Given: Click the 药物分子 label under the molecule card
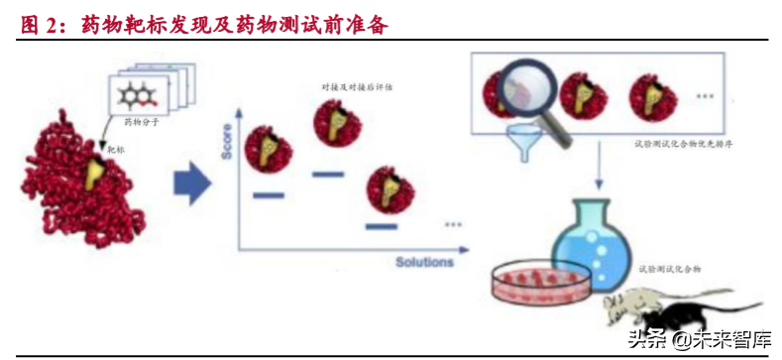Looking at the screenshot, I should point(140,122).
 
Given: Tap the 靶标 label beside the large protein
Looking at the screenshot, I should point(114,150).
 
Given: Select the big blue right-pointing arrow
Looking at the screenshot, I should point(192,180).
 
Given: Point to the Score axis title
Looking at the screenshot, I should point(226,145).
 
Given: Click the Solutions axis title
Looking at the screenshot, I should point(424,262).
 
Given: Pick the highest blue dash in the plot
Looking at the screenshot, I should point(327,175).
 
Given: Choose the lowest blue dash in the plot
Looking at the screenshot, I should point(382,226).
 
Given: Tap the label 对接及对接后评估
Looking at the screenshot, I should point(356,87).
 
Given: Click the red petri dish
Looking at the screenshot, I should point(540,282).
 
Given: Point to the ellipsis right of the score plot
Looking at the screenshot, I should point(453,224).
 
